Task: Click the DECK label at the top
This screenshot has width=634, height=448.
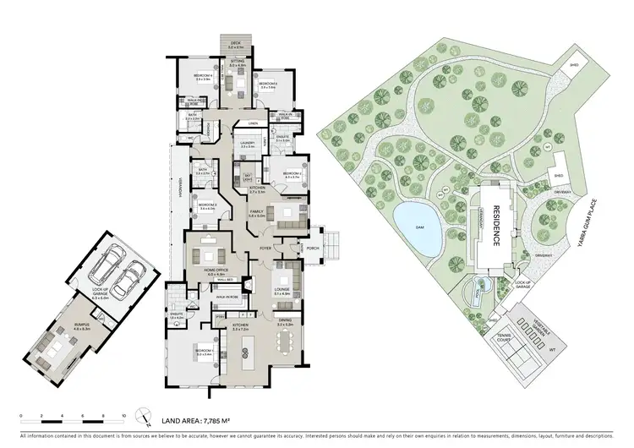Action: [x=236, y=46]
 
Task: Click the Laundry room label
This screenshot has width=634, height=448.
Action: [x=248, y=145]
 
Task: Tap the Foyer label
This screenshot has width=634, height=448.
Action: [x=265, y=248]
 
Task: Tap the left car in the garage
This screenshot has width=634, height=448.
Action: [x=109, y=269]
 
